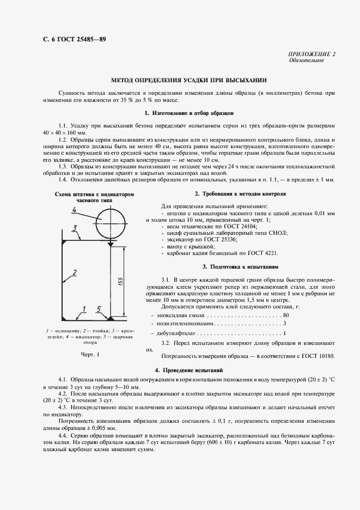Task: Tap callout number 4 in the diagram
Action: point(74,211)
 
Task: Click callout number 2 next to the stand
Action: point(74,272)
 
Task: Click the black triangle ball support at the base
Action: point(111,318)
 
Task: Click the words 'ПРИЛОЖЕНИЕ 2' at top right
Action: point(309,54)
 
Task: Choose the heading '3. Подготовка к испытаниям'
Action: point(240,267)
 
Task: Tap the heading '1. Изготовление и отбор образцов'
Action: point(189,113)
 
